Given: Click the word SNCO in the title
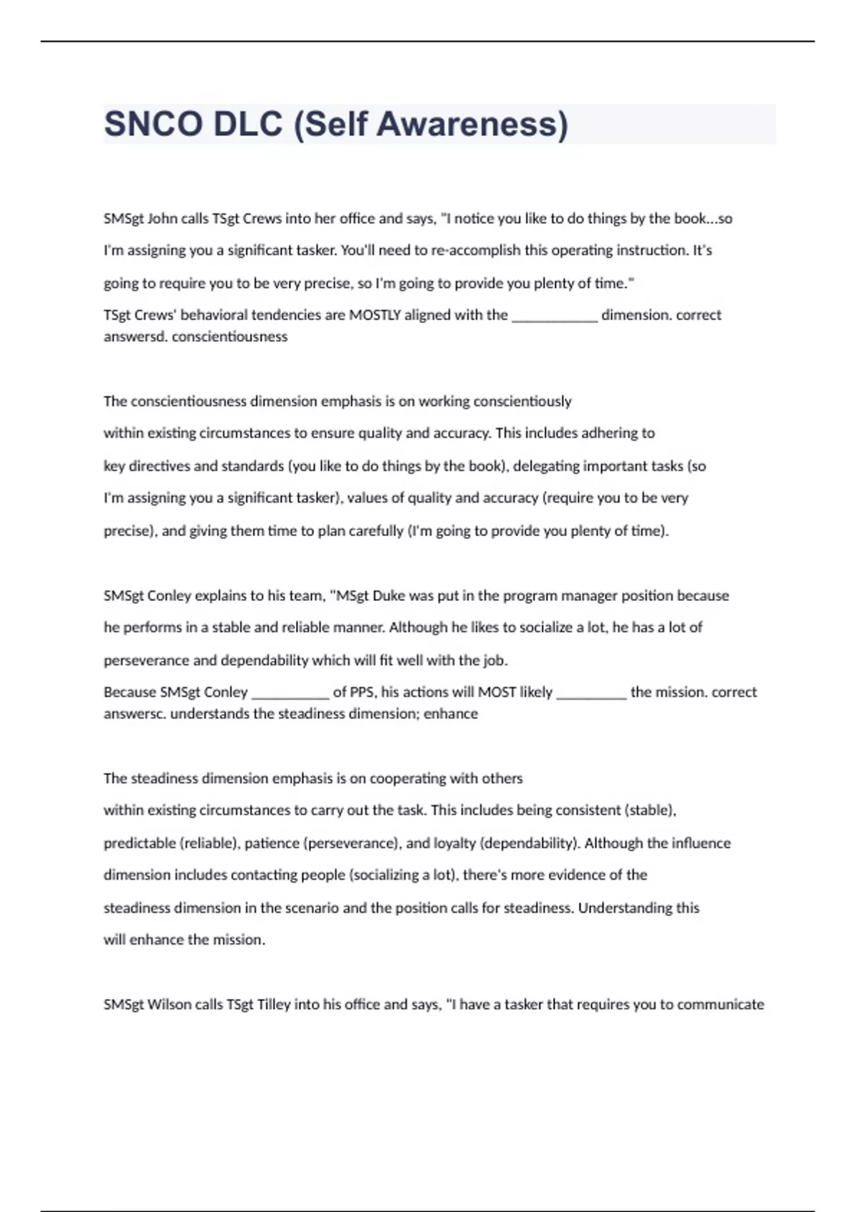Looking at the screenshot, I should (x=153, y=124).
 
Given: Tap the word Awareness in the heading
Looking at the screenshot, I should (x=472, y=124).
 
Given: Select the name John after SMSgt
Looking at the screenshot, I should (x=163, y=219).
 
